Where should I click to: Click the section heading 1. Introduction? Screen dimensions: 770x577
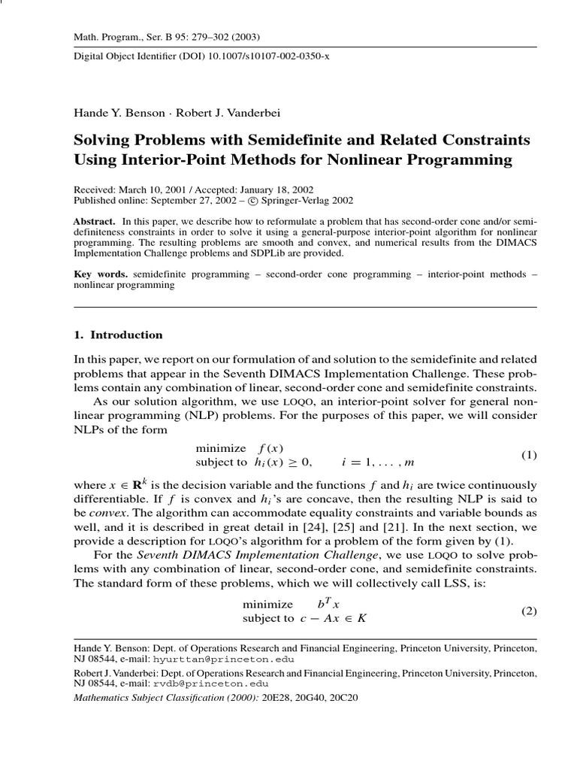pyautogui.click(x=117, y=335)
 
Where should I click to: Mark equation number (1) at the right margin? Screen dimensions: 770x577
pyautogui.click(x=530, y=455)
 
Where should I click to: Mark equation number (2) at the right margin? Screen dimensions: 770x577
pyautogui.click(x=530, y=611)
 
